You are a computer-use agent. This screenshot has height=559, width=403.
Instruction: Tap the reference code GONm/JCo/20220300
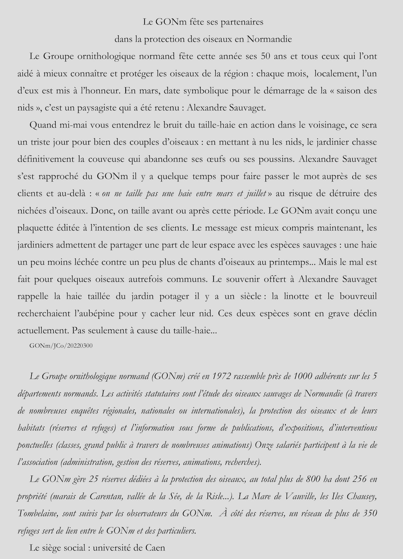pos(61,346)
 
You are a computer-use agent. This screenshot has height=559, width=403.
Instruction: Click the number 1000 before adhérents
pos(303,377)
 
